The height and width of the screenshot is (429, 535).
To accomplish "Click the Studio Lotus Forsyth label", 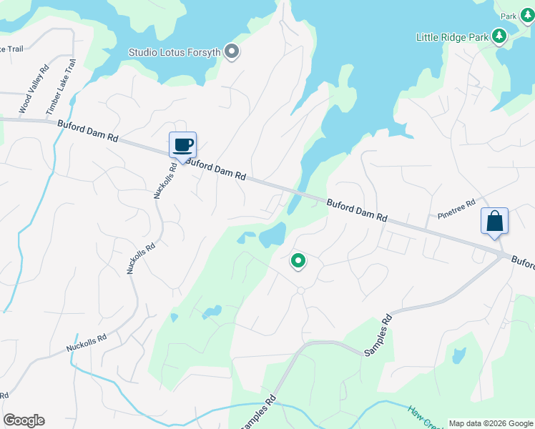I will coord(174,51).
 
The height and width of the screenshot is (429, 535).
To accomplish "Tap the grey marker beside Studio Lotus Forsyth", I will coord(231,51).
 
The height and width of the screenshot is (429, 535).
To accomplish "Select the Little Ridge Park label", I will coord(453,36).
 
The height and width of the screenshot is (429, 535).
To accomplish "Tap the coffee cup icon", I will coord(182,145).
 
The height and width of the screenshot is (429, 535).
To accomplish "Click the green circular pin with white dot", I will coord(298,261).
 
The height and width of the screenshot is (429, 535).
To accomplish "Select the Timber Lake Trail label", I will coord(60,87).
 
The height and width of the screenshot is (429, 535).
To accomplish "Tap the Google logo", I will coord(24,420).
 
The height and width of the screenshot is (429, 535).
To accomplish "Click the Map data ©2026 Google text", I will coord(490,423).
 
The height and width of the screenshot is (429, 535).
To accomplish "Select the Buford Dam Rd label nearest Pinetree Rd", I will coord(357,209).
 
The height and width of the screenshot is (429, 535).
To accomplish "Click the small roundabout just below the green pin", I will coord(301,290).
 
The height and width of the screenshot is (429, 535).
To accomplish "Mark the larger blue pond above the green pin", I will coord(273,235).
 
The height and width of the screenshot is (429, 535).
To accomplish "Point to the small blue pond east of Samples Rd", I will coord(459,355).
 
